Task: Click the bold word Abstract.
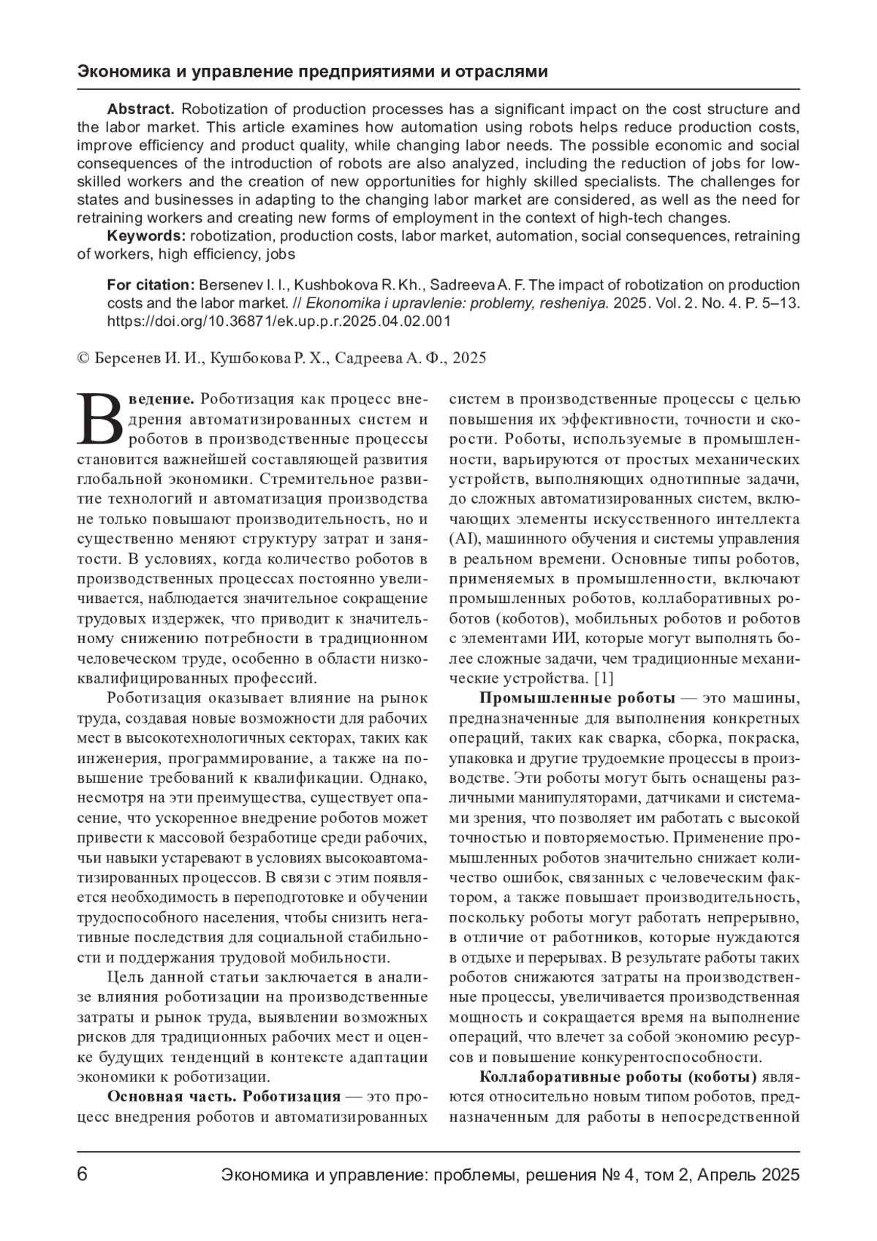(140, 110)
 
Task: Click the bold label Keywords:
(146, 236)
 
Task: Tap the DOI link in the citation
(279, 320)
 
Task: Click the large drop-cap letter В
(102, 420)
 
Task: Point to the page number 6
(83, 1175)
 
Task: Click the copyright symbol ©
(83, 358)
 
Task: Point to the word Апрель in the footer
(728, 1175)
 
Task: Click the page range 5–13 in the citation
(780, 303)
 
